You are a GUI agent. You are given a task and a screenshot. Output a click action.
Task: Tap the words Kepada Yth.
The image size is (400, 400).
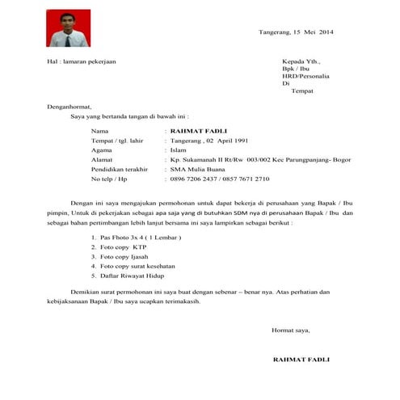click(x=301, y=61)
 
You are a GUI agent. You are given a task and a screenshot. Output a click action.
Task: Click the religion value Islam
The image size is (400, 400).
click(x=179, y=150)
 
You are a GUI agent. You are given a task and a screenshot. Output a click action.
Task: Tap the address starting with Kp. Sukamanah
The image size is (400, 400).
click(x=251, y=160)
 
